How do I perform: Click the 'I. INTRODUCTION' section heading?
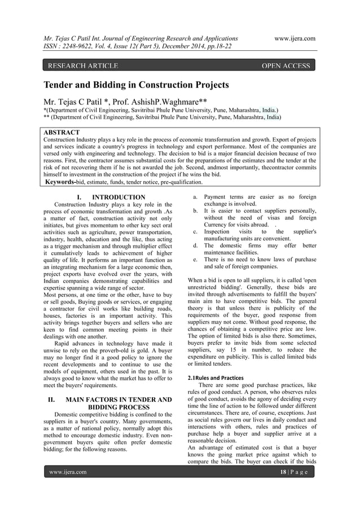(x=104, y=197)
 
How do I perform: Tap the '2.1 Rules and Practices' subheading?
(x=216, y=378)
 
